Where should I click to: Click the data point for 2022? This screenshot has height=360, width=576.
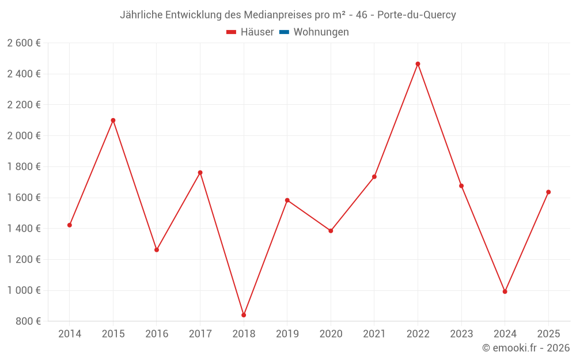click(x=418, y=64)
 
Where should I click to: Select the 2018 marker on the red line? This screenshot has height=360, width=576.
click(x=244, y=315)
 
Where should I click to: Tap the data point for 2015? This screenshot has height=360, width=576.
click(x=113, y=120)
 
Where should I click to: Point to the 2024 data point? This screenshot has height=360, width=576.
click(x=505, y=291)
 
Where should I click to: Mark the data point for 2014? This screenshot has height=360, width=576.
click(x=70, y=225)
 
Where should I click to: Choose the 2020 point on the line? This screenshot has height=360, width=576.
click(x=331, y=231)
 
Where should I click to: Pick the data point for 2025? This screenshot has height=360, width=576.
click(x=548, y=192)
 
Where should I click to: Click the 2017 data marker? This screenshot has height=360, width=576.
click(x=200, y=173)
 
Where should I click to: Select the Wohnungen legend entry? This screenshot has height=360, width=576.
click(x=321, y=32)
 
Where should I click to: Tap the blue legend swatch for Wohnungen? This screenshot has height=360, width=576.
click(x=284, y=32)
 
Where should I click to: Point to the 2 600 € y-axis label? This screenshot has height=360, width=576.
click(x=24, y=43)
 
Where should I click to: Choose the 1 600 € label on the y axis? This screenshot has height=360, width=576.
click(x=24, y=198)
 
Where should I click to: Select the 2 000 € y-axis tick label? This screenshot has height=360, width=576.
click(x=24, y=136)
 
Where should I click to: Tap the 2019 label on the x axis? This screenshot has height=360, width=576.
click(x=287, y=334)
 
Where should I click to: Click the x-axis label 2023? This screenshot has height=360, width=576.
click(x=461, y=334)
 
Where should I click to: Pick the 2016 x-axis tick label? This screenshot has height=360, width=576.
click(x=157, y=334)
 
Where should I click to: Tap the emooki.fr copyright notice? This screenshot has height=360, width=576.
click(x=525, y=348)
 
